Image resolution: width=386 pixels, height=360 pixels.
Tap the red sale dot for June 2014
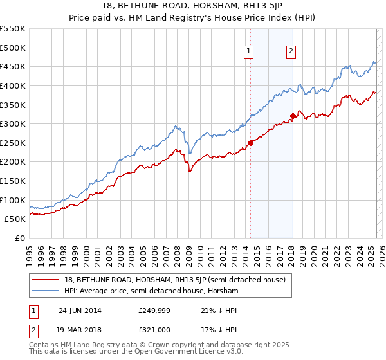(x=251, y=143)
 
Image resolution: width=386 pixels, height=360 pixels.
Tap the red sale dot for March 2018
(x=293, y=116)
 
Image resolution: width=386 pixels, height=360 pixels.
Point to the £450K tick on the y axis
(x=14, y=66)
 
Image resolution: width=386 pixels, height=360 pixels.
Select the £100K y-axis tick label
(x=14, y=200)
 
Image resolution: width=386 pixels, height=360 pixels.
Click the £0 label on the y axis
(x=19, y=238)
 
